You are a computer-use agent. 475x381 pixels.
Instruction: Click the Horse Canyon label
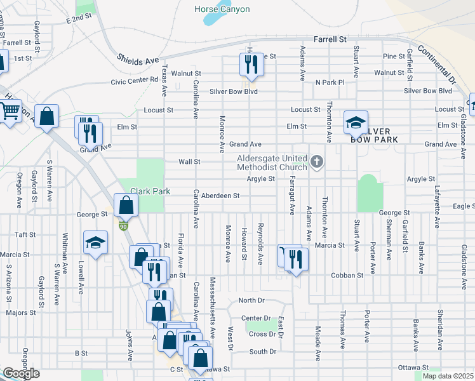click(x=222, y=9)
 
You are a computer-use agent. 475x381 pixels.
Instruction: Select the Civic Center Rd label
click(x=134, y=81)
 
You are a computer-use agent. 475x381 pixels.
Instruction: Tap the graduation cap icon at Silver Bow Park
click(x=356, y=121)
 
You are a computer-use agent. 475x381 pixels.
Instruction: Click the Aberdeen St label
click(x=220, y=196)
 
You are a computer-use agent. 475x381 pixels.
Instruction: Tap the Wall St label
click(x=189, y=162)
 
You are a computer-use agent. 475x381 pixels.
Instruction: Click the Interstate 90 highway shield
click(x=123, y=225)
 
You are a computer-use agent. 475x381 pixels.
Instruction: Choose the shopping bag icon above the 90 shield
click(x=126, y=205)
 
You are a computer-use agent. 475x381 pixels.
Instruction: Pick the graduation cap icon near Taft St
click(x=96, y=243)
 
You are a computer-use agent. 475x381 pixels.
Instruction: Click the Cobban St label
click(x=347, y=276)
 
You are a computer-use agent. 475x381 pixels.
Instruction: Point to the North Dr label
click(x=251, y=300)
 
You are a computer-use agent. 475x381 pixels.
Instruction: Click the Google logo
click(x=21, y=373)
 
